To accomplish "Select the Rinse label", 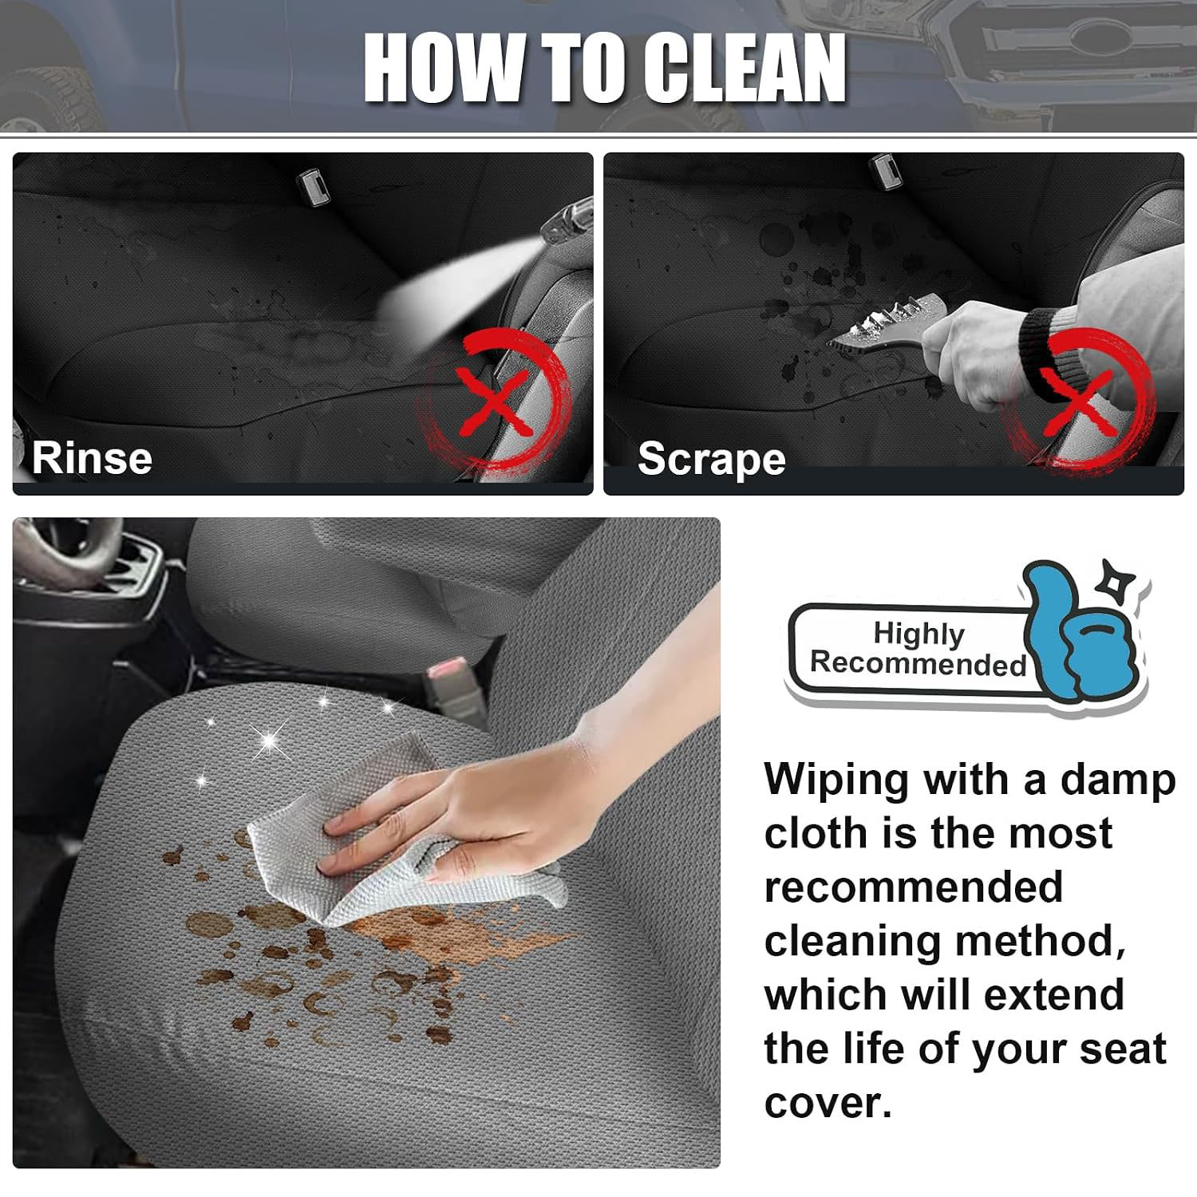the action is (x=92, y=458).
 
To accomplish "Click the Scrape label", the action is (x=712, y=459).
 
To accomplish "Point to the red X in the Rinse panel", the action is (x=496, y=401).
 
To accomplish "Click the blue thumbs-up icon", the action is (x=1081, y=630).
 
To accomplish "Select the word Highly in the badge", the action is (x=918, y=634).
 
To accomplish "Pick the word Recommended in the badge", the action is (x=918, y=664).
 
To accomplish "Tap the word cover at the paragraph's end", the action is (x=828, y=1104).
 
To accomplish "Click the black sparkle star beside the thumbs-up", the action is (x=1109, y=579).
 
